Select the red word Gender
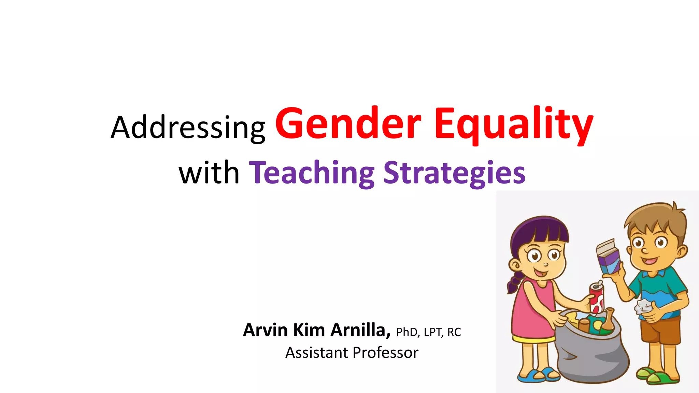(x=348, y=123)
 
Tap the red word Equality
(x=513, y=124)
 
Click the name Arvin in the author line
(x=265, y=330)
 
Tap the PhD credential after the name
(x=408, y=332)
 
